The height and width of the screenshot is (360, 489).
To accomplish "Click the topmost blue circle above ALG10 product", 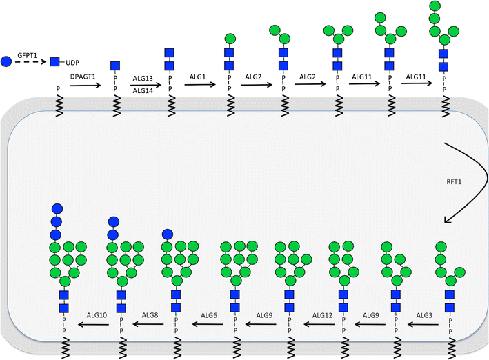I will coord(57,208).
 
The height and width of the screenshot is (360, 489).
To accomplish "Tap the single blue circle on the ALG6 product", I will coord(166,234).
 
